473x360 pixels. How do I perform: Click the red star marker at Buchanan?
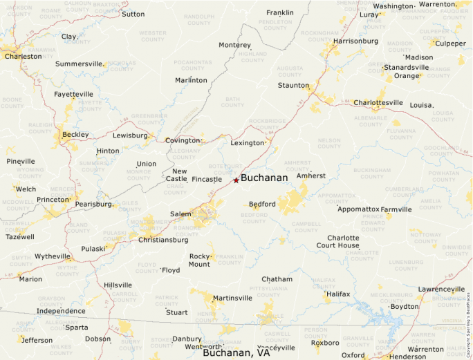pos(236,180)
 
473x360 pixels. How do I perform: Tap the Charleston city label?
pos(23,57)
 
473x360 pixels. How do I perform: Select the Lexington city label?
pos(248,143)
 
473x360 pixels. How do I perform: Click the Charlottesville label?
pos(378,103)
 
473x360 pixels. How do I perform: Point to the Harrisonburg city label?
pos(355,41)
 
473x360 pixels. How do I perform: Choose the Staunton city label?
pos(293,85)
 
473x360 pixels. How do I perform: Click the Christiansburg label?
pos(163,240)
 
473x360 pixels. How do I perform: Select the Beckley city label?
pos(75,134)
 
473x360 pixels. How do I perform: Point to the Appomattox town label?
pos(358,209)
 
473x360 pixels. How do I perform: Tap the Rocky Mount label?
pos(199,260)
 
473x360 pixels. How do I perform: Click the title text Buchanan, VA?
pos(236,352)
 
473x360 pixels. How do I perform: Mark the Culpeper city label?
pos(450,44)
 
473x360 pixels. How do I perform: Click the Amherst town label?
pos(310,176)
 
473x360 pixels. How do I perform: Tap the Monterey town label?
pos(234,45)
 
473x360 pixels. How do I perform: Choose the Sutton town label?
pos(133,14)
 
